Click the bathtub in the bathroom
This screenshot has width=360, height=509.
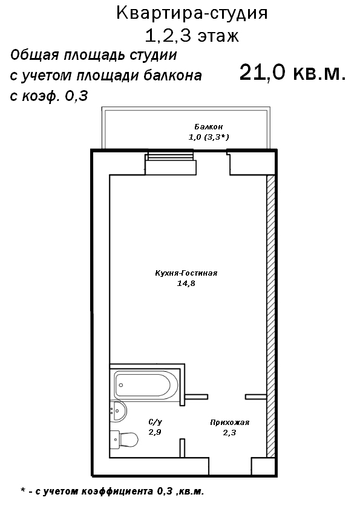point(146,385)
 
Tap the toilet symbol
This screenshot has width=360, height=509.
point(124,439)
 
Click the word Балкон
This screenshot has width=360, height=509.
point(209,126)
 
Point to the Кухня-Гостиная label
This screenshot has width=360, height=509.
point(186,273)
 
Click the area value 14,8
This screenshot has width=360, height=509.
point(186,284)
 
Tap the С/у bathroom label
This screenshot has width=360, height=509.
point(155,422)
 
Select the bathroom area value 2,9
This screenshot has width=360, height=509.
point(155,432)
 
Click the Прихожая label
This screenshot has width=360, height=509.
point(229,423)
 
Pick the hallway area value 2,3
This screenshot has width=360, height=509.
point(229,432)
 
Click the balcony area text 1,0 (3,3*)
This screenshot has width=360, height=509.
point(209,137)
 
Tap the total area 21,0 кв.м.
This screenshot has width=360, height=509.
point(292,73)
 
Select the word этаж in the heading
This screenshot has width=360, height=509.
point(218,36)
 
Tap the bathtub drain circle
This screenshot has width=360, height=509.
point(121,385)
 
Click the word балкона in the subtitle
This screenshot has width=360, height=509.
point(172,76)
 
